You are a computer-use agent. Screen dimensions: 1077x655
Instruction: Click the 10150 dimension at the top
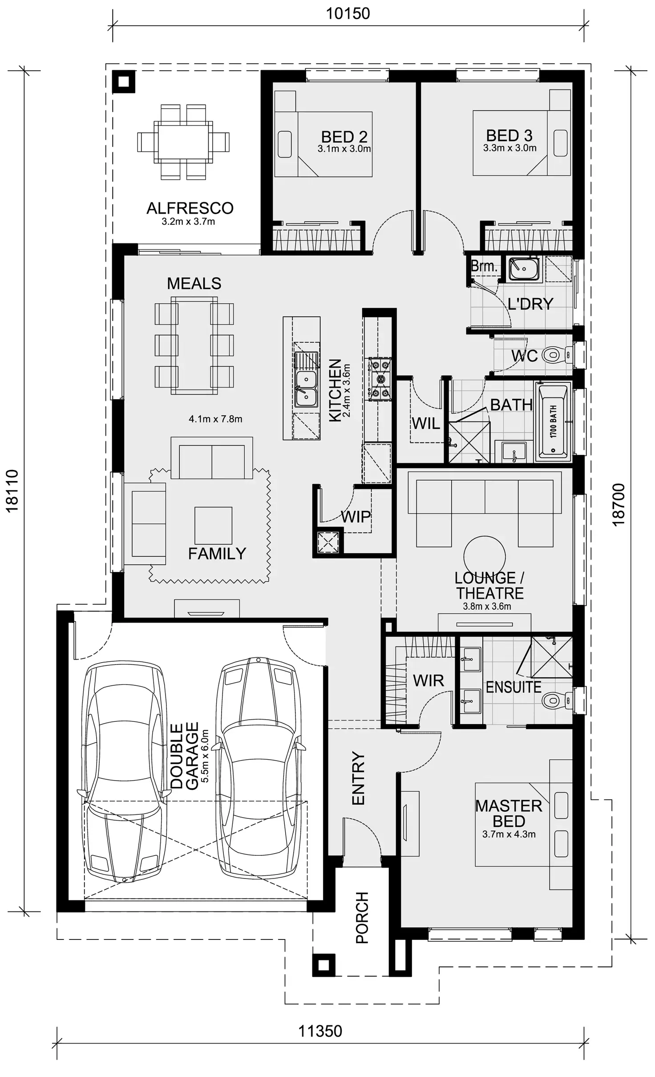tap(348, 14)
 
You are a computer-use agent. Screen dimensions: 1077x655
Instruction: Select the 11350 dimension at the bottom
tap(320, 1031)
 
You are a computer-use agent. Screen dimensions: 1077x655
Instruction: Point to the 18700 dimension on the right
tap(619, 505)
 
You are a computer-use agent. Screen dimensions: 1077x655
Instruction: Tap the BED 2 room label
tap(344, 137)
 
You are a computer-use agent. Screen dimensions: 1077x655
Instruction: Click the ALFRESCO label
tap(190, 208)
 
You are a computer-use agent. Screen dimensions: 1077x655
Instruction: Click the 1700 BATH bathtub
tap(553, 421)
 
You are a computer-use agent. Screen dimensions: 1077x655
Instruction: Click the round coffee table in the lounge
tap(484, 557)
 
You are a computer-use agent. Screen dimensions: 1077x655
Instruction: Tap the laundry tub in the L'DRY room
tap(524, 268)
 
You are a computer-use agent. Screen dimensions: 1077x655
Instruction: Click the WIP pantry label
tap(356, 517)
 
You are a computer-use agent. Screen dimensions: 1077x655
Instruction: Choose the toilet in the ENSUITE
tap(554, 700)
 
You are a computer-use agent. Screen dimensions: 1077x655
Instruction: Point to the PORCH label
tap(362, 918)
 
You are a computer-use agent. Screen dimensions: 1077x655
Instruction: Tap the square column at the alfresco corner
tap(124, 82)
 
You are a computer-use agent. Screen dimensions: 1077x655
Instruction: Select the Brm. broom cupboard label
tap(484, 266)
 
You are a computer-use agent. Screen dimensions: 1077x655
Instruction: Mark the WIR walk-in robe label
tap(428, 680)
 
